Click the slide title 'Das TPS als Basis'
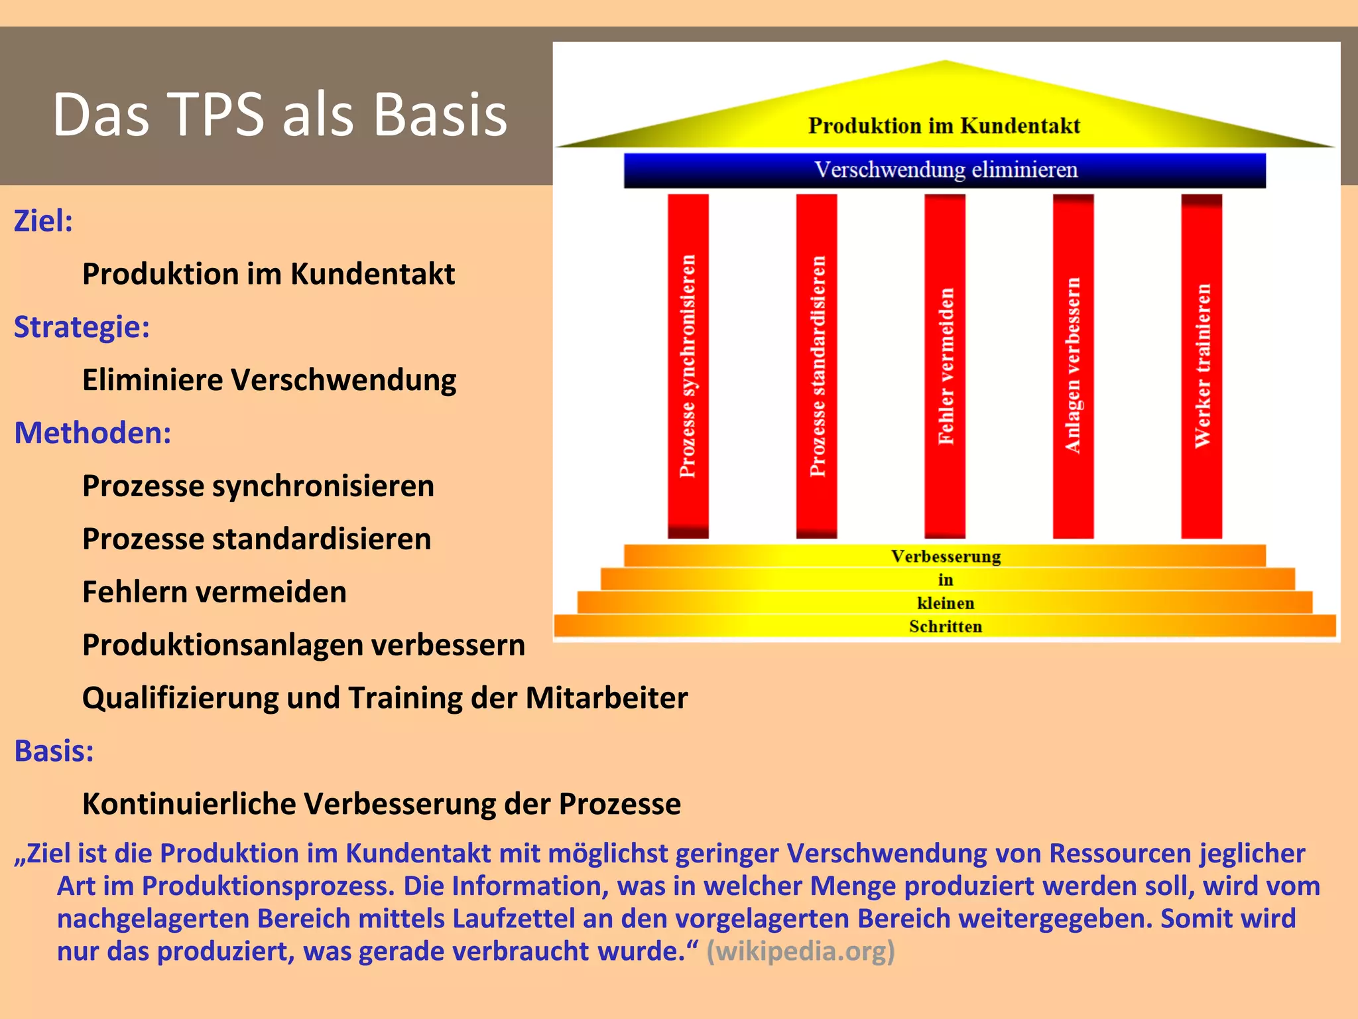280,115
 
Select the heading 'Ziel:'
43,221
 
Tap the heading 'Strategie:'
82,327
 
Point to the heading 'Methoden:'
93,433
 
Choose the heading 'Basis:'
54,751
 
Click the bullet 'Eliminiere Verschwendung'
269,380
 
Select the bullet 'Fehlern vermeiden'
214,592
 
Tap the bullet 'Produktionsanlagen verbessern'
303,645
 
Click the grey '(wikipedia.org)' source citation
800,951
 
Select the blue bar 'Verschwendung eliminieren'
945,170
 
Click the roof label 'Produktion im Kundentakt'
944,125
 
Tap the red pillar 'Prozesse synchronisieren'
688,366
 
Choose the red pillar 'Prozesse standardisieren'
817,366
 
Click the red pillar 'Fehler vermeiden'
945,366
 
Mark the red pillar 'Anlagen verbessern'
1073,366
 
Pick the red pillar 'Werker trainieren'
1202,366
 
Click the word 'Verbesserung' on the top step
946,557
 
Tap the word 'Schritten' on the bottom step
946,626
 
